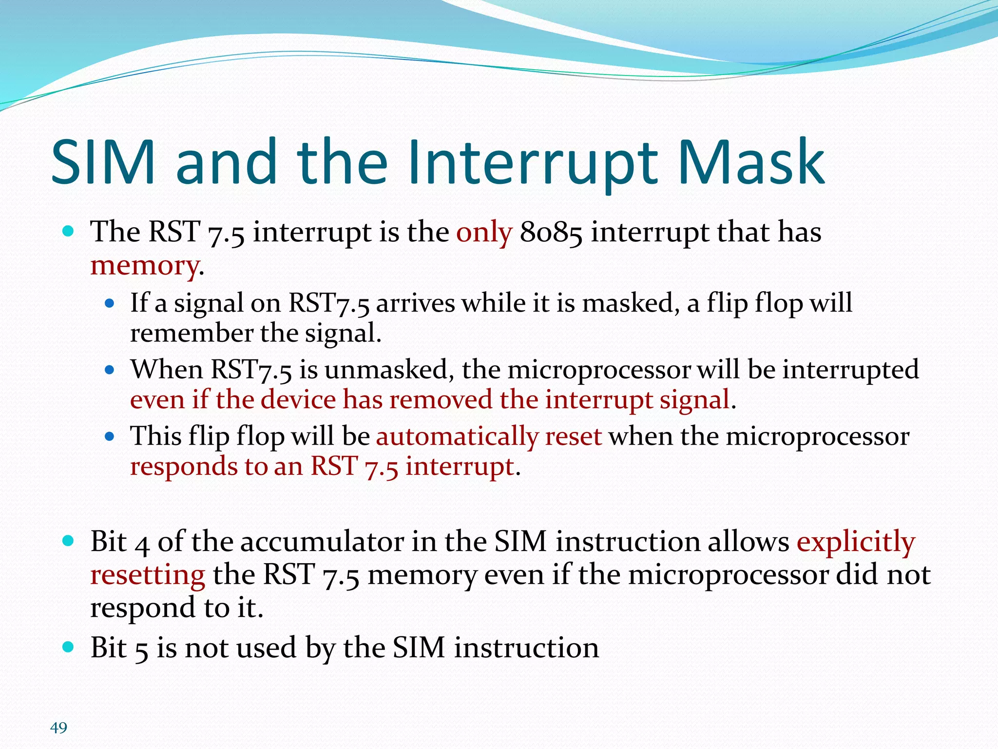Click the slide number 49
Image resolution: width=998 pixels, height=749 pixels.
click(58, 728)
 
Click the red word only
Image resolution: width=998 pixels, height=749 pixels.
click(484, 232)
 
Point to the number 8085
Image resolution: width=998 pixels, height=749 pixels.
click(551, 232)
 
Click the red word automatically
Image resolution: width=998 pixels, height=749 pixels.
click(457, 436)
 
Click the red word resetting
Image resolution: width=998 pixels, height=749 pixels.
click(148, 575)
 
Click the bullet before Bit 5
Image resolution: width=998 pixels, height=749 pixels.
click(69, 647)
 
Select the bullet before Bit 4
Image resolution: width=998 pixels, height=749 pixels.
click(69, 541)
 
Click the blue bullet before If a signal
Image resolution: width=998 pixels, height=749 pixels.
click(110, 303)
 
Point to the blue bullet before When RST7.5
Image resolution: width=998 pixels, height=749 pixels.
click(110, 370)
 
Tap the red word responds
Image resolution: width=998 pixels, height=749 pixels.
click(183, 466)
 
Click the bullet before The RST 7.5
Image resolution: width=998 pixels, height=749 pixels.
click(69, 231)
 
